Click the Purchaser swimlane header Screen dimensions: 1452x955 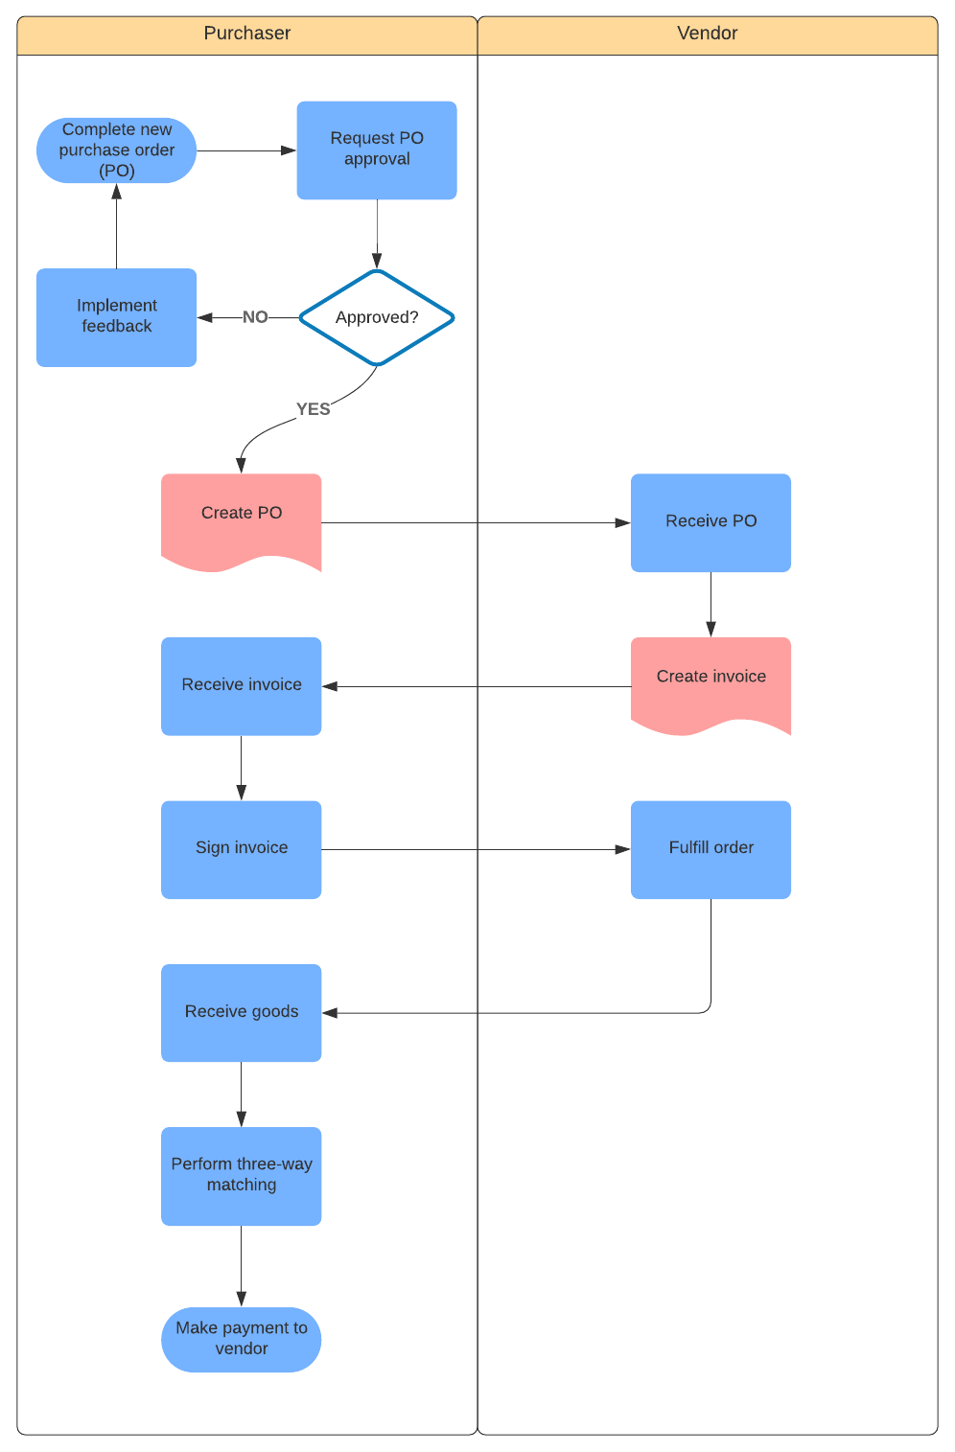[246, 35]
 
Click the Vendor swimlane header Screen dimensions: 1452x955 [707, 35]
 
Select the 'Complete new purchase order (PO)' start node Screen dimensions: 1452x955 [116, 150]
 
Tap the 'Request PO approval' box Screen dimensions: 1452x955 [377, 150]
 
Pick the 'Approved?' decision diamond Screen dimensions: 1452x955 [377, 317]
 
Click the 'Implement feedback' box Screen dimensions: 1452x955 [116, 317]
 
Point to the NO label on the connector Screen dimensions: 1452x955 [255, 317]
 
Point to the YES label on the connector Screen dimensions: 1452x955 [313, 409]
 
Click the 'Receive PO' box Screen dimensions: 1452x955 [710, 522]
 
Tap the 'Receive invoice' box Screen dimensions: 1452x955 [241, 686]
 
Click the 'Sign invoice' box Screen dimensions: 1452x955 [241, 849]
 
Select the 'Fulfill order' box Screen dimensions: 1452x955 [710, 849]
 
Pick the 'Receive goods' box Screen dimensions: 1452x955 [241, 1012]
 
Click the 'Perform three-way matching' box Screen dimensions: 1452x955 [241, 1176]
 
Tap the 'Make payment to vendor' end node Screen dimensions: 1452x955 [241, 1339]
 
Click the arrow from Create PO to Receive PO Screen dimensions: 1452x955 [476, 523]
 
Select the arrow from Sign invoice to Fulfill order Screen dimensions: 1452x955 [476, 850]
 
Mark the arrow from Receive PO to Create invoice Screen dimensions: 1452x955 [710, 604]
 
